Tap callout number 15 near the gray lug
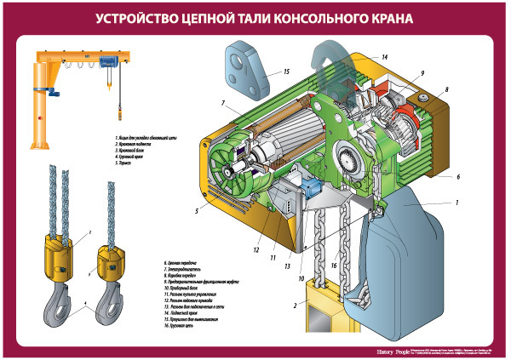tap(287, 71)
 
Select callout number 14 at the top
tap(384, 57)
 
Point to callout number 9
tap(421, 74)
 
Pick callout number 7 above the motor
tap(222, 103)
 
